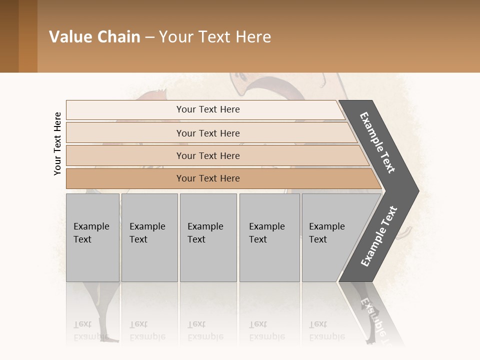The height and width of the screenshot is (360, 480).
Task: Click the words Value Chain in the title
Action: coord(94,37)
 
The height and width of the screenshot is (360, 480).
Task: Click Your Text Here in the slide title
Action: coord(215,37)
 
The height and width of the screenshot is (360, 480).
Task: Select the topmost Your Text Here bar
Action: coord(208,109)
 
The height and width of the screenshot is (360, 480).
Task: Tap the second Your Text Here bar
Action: coord(208,133)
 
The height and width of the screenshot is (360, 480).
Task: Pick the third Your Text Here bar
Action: coord(208,155)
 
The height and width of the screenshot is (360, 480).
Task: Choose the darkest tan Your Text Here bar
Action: coord(208,178)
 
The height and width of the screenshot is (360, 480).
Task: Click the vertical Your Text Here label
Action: coord(57,143)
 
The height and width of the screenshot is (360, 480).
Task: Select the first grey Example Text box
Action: coord(92,237)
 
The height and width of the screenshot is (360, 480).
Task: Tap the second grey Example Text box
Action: coord(149,237)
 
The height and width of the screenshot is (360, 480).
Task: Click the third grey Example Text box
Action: coord(208,237)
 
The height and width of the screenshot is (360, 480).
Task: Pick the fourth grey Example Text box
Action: coord(269,237)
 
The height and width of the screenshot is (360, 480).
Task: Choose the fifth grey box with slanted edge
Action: coord(330,237)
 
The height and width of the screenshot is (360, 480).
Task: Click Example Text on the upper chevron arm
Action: coord(377,142)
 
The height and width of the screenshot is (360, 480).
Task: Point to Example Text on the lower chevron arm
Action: coord(379,236)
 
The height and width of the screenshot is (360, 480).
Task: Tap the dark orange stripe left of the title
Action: coord(28,36)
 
